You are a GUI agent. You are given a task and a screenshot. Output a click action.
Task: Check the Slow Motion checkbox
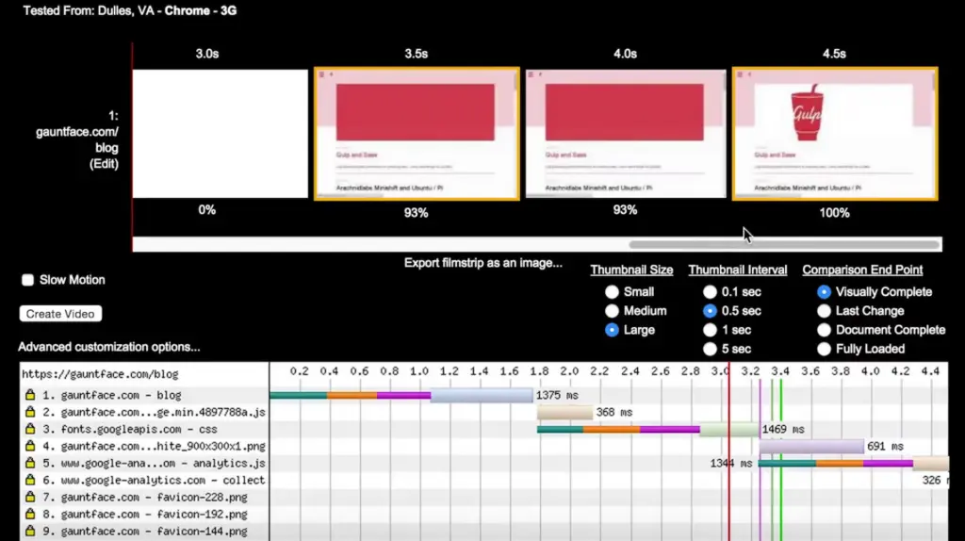(x=28, y=280)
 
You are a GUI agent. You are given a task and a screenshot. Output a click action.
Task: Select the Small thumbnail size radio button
(x=613, y=292)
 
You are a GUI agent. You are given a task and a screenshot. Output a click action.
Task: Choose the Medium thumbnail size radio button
(x=613, y=311)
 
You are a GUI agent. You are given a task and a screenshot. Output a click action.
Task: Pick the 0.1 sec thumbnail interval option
(x=710, y=292)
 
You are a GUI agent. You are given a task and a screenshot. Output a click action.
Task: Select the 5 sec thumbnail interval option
(x=710, y=349)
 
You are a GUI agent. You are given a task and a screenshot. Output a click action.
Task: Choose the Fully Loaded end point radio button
(x=825, y=349)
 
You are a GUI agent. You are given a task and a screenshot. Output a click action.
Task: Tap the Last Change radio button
(x=825, y=311)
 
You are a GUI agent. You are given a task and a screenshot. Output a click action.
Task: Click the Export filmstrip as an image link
(x=482, y=263)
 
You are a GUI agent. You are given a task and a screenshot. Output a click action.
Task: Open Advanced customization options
(x=109, y=347)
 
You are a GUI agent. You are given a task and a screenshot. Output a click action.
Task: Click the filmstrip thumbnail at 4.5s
(x=834, y=134)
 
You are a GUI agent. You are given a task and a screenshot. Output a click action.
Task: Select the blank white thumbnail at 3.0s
(x=221, y=134)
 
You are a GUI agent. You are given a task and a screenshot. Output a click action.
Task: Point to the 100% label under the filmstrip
(x=834, y=213)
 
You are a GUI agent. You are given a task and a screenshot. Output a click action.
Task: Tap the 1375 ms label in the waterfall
(x=558, y=396)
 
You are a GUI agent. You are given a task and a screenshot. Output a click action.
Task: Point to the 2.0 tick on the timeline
(x=569, y=372)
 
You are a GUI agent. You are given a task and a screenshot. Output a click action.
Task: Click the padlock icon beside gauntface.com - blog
(x=30, y=396)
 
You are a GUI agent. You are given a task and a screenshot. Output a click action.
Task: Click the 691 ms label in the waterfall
(x=886, y=447)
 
